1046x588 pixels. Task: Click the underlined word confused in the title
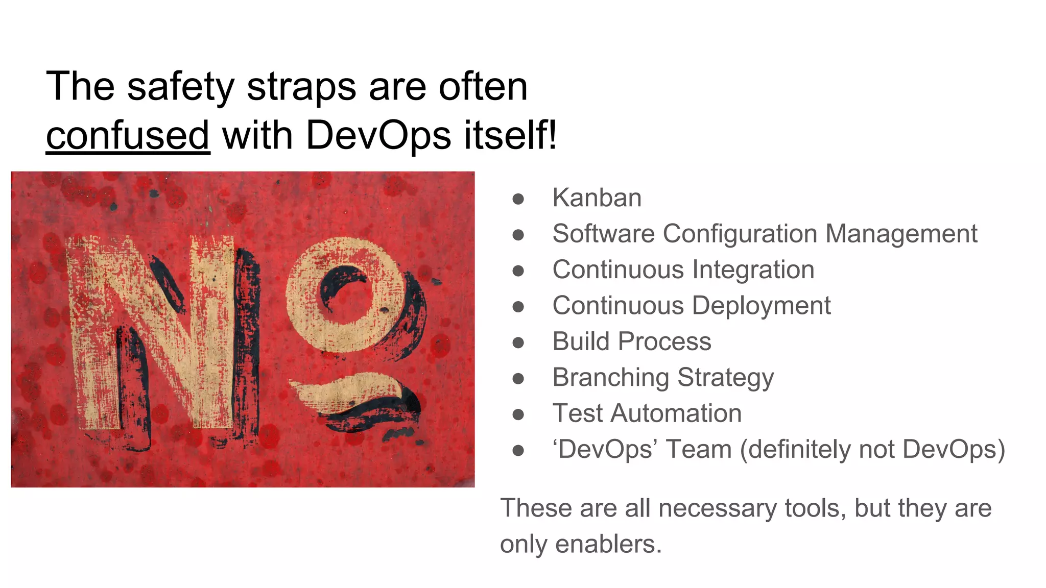(128, 136)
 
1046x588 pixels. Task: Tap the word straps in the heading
(301, 87)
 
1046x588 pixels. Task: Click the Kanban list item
(597, 198)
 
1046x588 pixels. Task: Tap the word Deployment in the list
(761, 306)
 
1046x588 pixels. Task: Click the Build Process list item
(631, 341)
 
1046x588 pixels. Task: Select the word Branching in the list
(610, 378)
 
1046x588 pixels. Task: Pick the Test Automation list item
(647, 413)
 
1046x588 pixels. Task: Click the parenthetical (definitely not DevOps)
(872, 450)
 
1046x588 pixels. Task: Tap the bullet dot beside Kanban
(518, 199)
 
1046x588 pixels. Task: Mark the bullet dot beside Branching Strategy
(518, 378)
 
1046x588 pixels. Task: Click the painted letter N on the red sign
(153, 332)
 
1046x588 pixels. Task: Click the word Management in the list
(901, 234)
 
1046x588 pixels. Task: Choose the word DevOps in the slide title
(378, 136)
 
